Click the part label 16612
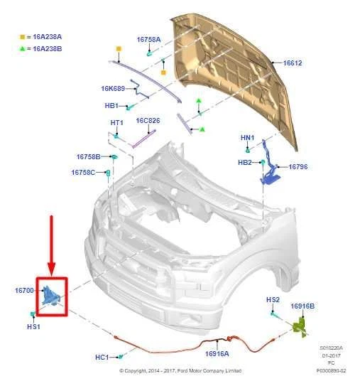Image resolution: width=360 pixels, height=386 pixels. pyautogui.click(x=292, y=63)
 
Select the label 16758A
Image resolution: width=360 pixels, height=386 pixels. pyautogui.click(x=148, y=40)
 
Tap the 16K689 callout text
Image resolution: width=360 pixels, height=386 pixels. pyautogui.click(x=113, y=89)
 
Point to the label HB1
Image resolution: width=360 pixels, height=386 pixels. pyautogui.click(x=111, y=105)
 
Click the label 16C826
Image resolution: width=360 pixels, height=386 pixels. pyautogui.click(x=148, y=121)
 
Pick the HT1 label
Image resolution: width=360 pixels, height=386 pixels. pyautogui.click(x=117, y=123)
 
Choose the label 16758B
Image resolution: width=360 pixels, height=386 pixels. pyautogui.click(x=88, y=156)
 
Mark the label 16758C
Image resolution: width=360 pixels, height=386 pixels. pyautogui.click(x=82, y=172)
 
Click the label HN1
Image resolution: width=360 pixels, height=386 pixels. pyautogui.click(x=247, y=138)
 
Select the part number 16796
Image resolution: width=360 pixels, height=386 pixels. pyautogui.click(x=298, y=167)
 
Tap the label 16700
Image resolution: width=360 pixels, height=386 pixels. pyautogui.click(x=24, y=291)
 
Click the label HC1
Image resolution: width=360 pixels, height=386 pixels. pyautogui.click(x=102, y=356)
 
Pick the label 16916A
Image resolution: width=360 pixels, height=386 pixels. pyautogui.click(x=217, y=353)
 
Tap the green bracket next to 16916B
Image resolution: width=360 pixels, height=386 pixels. pyautogui.click(x=299, y=326)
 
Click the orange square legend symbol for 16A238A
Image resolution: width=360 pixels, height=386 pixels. pyautogui.click(x=22, y=36)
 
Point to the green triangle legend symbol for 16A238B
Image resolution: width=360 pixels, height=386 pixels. pyautogui.click(x=22, y=48)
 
